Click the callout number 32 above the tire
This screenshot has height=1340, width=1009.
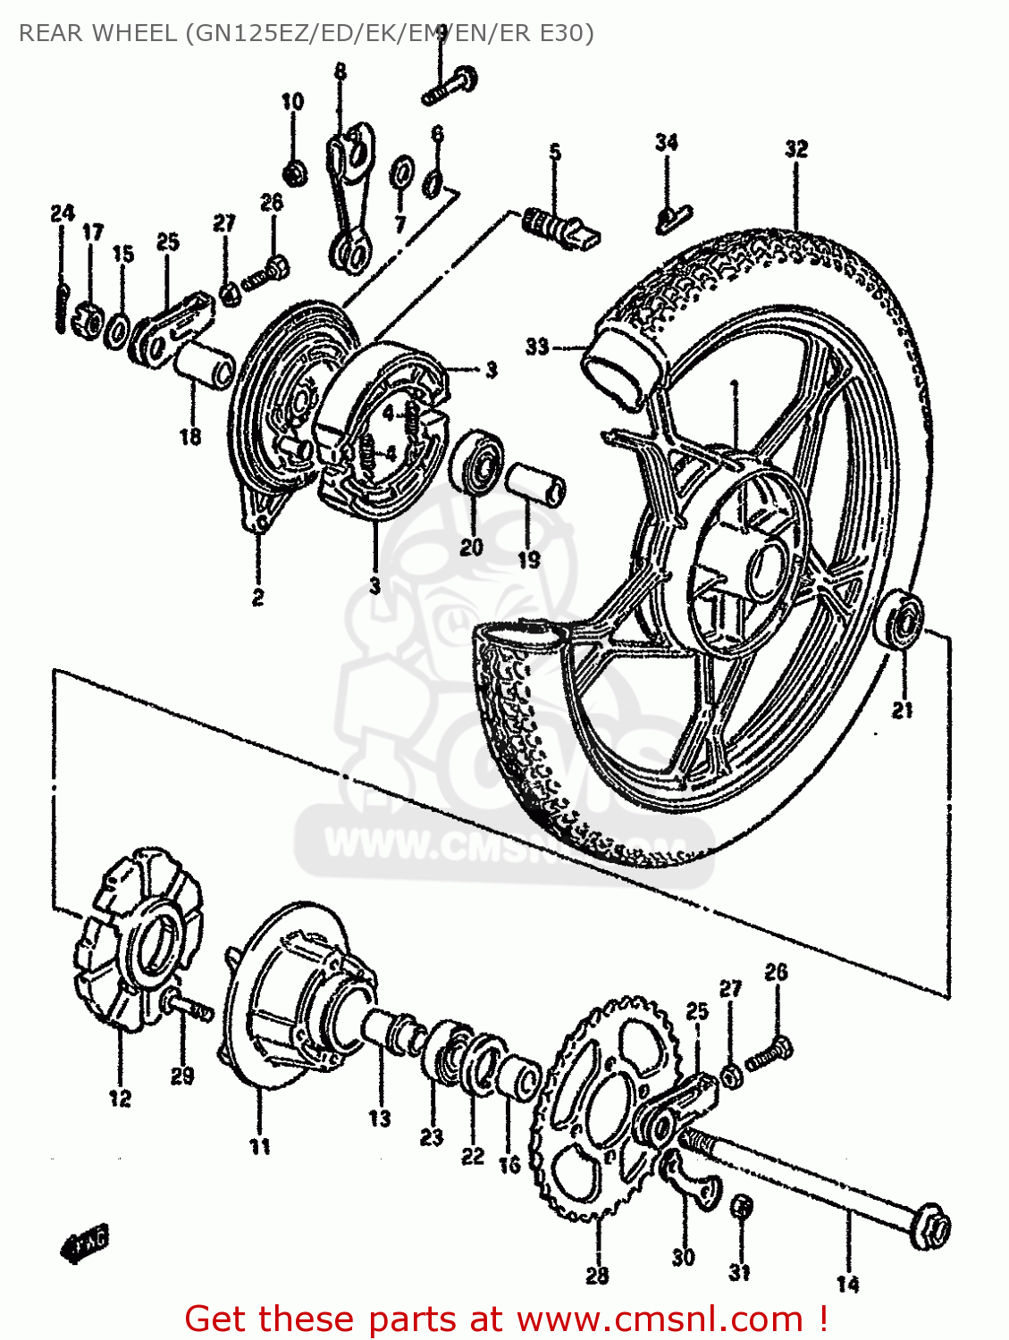pyautogui.click(x=795, y=149)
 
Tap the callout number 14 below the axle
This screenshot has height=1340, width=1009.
pyautogui.click(x=847, y=1284)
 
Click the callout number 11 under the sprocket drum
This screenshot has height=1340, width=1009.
pyautogui.click(x=259, y=1146)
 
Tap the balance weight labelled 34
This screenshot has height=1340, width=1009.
pyautogui.click(x=672, y=216)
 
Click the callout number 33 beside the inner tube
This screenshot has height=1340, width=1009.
pyautogui.click(x=536, y=347)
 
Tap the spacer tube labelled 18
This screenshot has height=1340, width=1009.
pyautogui.click(x=205, y=364)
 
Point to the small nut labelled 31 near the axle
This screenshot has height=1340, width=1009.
pyautogui.click(x=741, y=1208)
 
